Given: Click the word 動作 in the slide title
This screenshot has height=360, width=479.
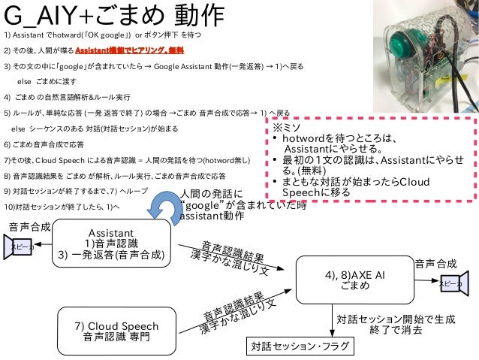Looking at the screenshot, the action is pos(199,15).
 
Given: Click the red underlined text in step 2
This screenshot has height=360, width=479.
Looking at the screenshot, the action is pos(133,50).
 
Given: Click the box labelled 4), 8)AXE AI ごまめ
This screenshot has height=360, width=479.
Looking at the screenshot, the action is pos(355,281).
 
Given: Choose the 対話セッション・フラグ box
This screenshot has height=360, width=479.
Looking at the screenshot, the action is pos(294,346).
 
